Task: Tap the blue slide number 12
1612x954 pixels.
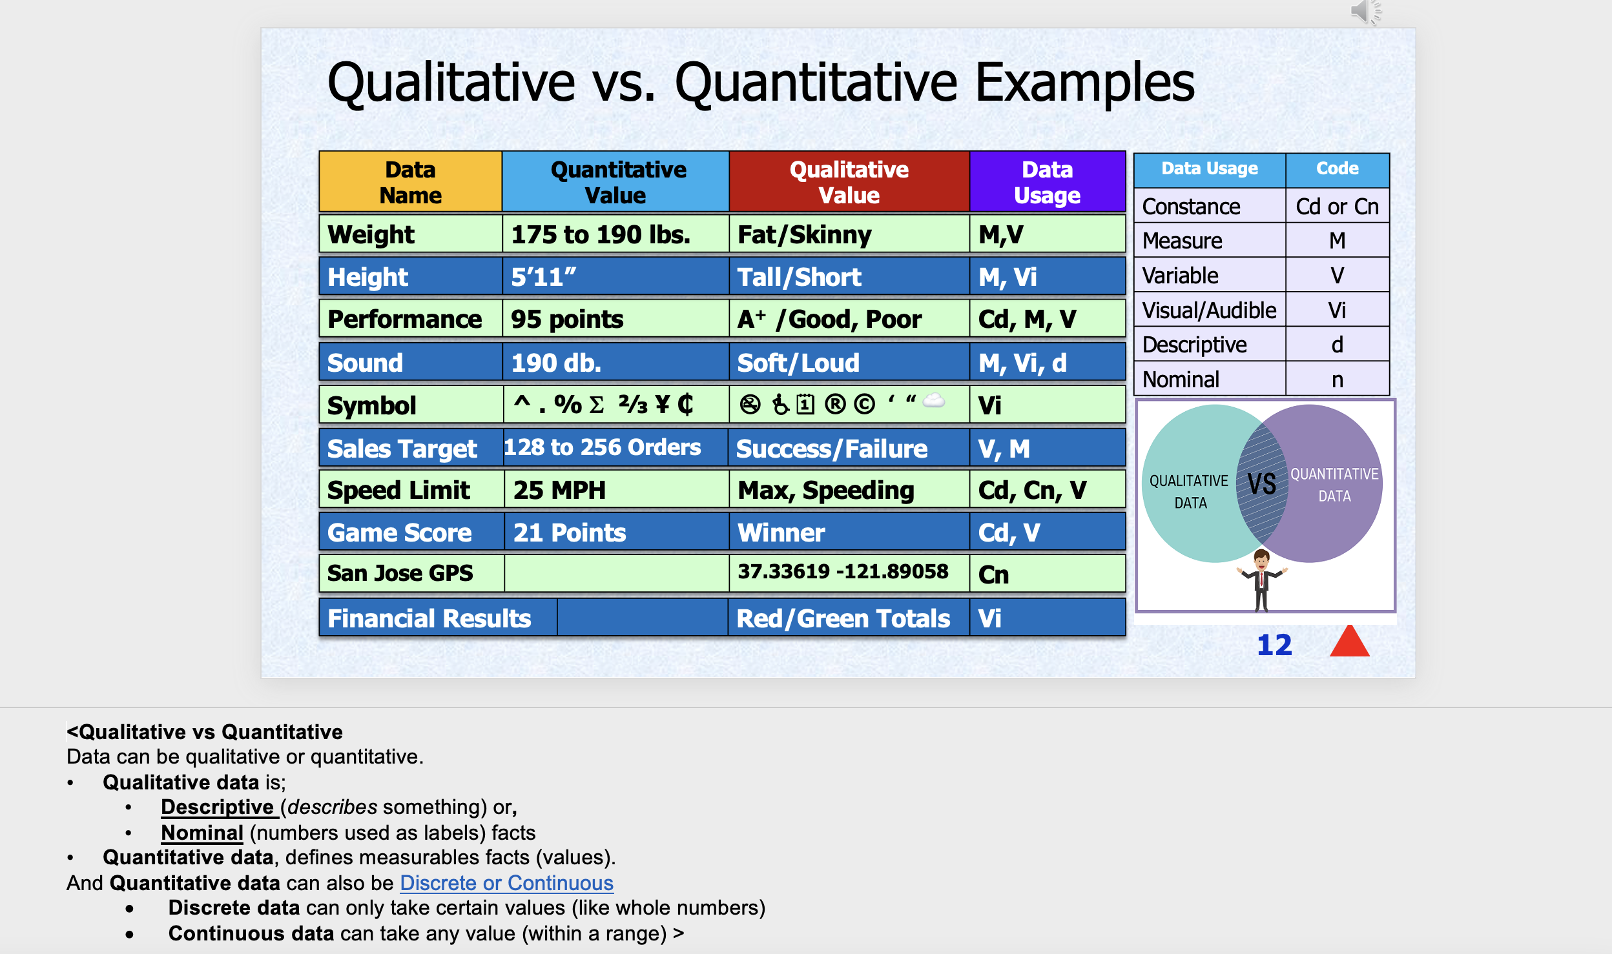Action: [1274, 645]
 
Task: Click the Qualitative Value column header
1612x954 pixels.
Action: [849, 182]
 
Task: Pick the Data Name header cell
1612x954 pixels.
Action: [410, 182]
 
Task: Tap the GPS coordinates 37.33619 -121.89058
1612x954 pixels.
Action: [843, 571]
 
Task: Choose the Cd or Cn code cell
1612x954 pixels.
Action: [1337, 207]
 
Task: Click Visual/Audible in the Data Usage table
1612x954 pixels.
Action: [1209, 310]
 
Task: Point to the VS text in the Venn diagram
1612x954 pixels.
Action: [1261, 483]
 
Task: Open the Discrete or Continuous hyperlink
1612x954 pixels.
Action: [506, 882]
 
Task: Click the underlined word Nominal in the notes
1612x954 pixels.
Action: [202, 833]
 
